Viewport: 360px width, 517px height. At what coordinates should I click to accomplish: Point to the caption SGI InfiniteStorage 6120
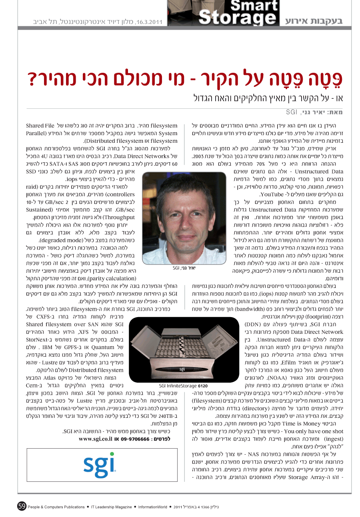[183, 386]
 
